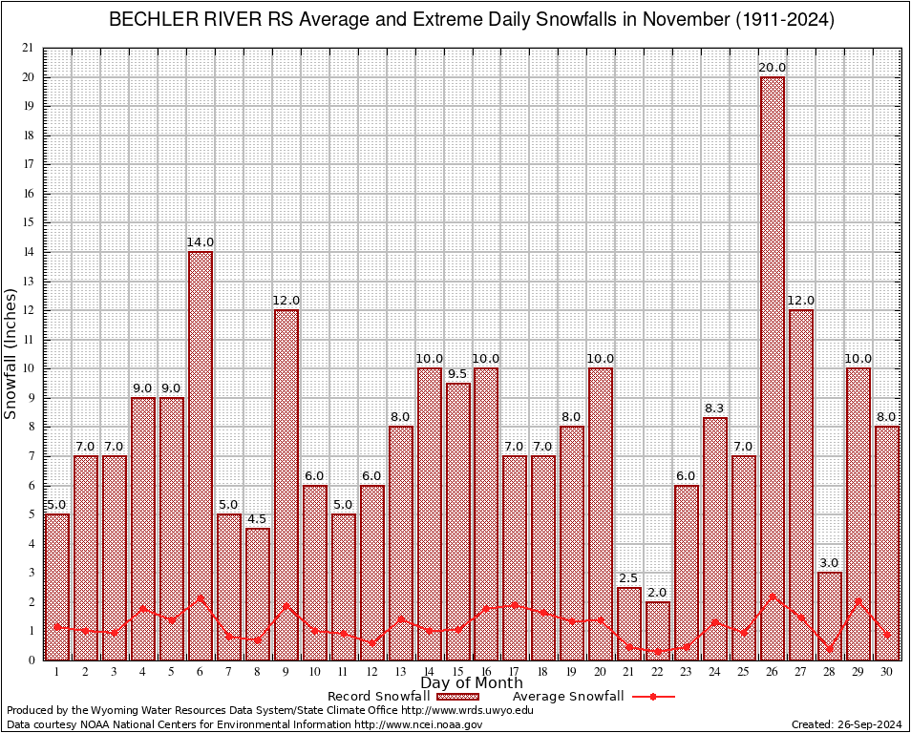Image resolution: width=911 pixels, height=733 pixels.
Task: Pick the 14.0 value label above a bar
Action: coord(201,242)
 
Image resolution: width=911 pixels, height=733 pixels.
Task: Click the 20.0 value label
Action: coord(773,67)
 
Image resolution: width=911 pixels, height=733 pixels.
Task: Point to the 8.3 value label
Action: coord(715,408)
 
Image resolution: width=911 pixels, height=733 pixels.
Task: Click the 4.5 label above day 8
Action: coord(258,519)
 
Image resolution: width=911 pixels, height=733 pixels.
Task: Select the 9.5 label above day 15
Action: coord(458,373)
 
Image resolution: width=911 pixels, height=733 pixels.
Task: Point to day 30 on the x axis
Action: coord(887,671)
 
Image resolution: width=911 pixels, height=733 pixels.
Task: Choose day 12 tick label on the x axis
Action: coord(372,671)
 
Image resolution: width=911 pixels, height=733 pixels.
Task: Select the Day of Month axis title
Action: coord(472,683)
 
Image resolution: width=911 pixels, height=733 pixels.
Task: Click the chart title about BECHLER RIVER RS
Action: coord(472,20)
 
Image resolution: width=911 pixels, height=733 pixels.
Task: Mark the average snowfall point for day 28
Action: coord(830,649)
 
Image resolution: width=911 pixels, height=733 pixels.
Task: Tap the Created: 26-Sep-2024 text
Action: coord(847,724)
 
